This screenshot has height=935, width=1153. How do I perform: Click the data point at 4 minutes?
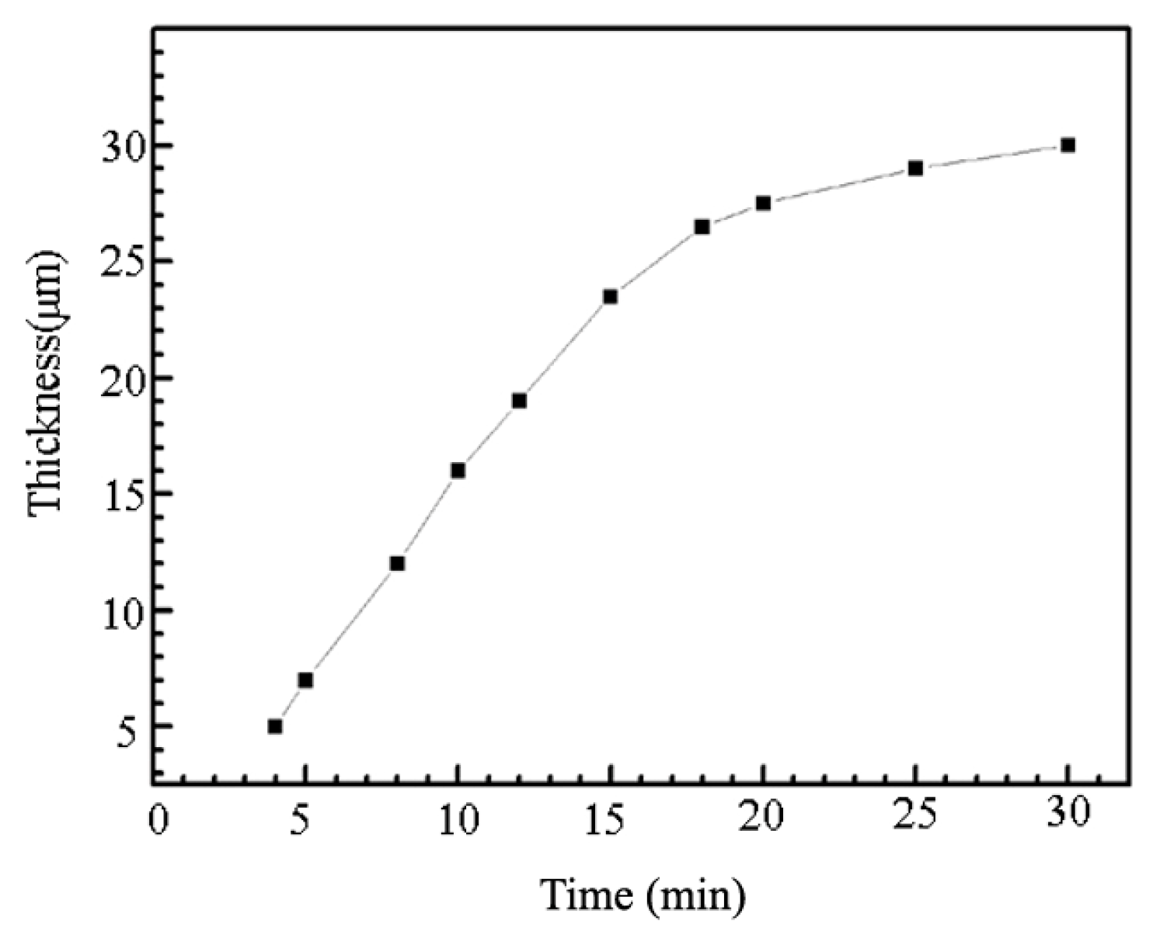[x=275, y=727]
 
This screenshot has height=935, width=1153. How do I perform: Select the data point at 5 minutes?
[x=305, y=680]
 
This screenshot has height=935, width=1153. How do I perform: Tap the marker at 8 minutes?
[x=397, y=564]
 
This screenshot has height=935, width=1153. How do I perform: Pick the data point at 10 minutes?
[x=458, y=471]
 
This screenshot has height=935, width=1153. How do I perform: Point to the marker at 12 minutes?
[x=519, y=401]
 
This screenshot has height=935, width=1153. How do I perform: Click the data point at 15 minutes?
[x=611, y=297]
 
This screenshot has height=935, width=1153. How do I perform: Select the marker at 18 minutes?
[x=702, y=227]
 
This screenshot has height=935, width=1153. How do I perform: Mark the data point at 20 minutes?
[x=763, y=203]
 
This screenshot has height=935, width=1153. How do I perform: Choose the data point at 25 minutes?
[x=915, y=169]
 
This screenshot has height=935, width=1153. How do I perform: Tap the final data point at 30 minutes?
[x=1068, y=145]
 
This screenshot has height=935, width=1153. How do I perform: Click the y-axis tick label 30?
[x=123, y=147]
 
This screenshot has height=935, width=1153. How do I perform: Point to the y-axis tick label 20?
[x=123, y=379]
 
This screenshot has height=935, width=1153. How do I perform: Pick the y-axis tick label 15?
[x=123, y=495]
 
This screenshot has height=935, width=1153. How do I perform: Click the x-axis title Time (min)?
[x=643, y=895]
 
